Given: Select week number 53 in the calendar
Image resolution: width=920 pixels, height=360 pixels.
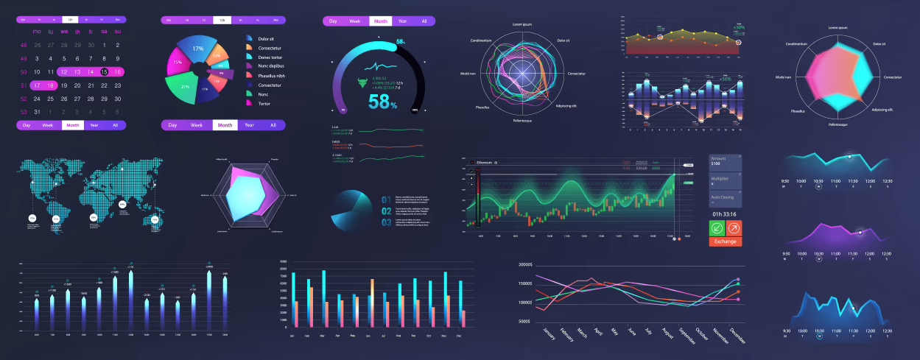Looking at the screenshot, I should pos(24,112).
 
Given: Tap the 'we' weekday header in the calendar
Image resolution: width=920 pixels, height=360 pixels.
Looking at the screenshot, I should pos(64,32).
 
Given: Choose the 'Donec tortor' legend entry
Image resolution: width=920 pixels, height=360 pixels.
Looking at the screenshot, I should pos(270,57).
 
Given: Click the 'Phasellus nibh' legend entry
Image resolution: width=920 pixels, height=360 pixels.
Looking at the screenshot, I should pos(271,76).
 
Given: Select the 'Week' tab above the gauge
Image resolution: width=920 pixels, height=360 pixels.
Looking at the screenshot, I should pos(355,21).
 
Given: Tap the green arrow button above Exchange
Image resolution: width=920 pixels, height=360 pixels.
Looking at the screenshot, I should pos(717,228).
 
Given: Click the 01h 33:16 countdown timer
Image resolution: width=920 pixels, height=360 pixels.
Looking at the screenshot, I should pos(725,214).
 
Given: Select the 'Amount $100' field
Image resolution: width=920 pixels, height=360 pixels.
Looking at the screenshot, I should pos(725,160).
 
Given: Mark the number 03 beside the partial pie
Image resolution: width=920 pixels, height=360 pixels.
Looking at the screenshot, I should pos(386,222).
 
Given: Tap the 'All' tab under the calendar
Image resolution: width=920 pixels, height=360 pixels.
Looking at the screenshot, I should pos(115,125).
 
